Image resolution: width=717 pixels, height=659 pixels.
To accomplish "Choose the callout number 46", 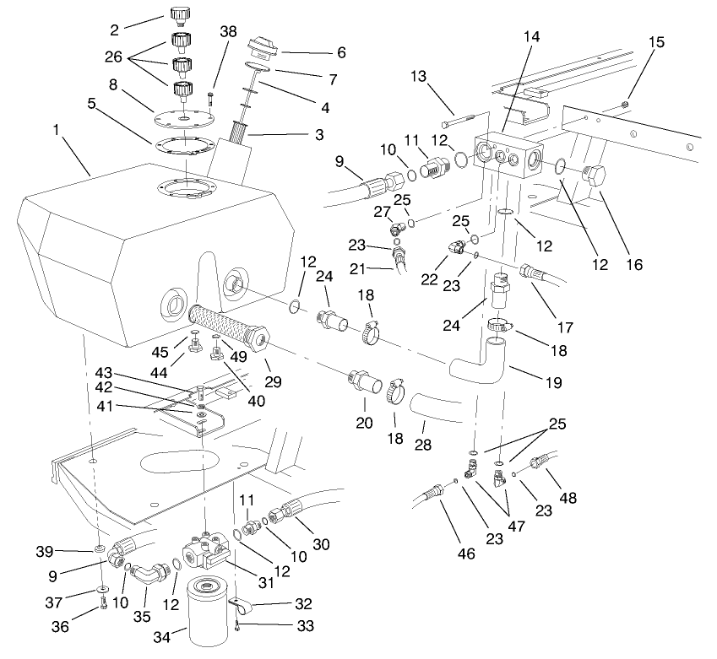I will (x=467, y=554).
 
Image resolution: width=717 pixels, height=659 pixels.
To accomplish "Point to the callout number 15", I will (x=656, y=41).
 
